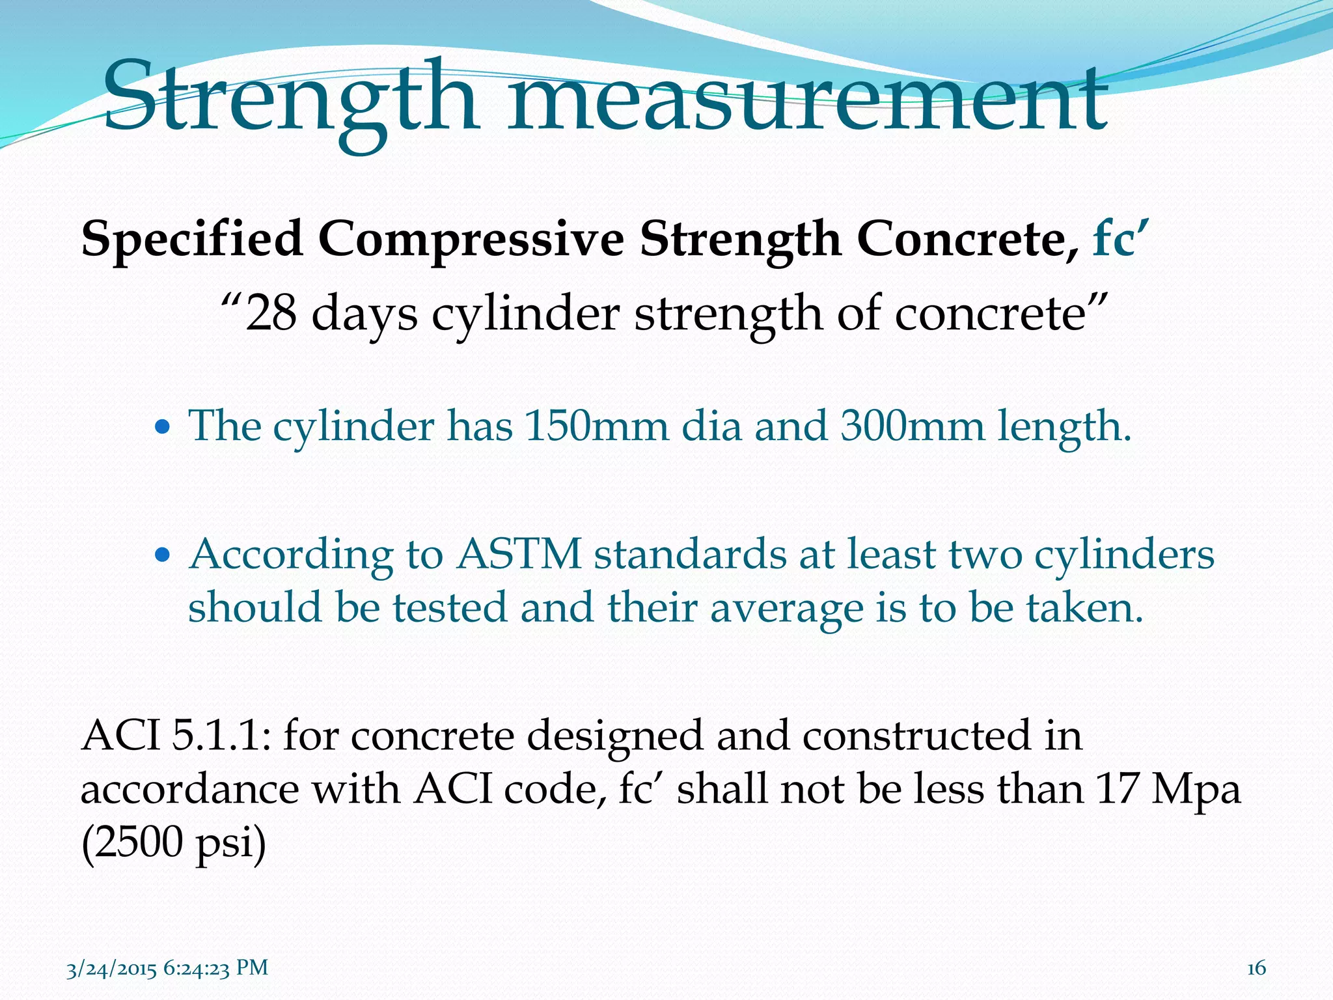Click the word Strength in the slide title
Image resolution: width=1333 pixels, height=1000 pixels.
point(290,98)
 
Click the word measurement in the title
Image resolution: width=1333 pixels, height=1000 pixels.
point(807,98)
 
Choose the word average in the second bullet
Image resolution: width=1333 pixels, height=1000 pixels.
point(786,608)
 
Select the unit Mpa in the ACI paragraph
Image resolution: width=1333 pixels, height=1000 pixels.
point(1196,790)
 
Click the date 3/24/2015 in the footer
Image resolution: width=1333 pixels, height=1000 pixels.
point(111,968)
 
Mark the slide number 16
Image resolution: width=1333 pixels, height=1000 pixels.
point(1256,968)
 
